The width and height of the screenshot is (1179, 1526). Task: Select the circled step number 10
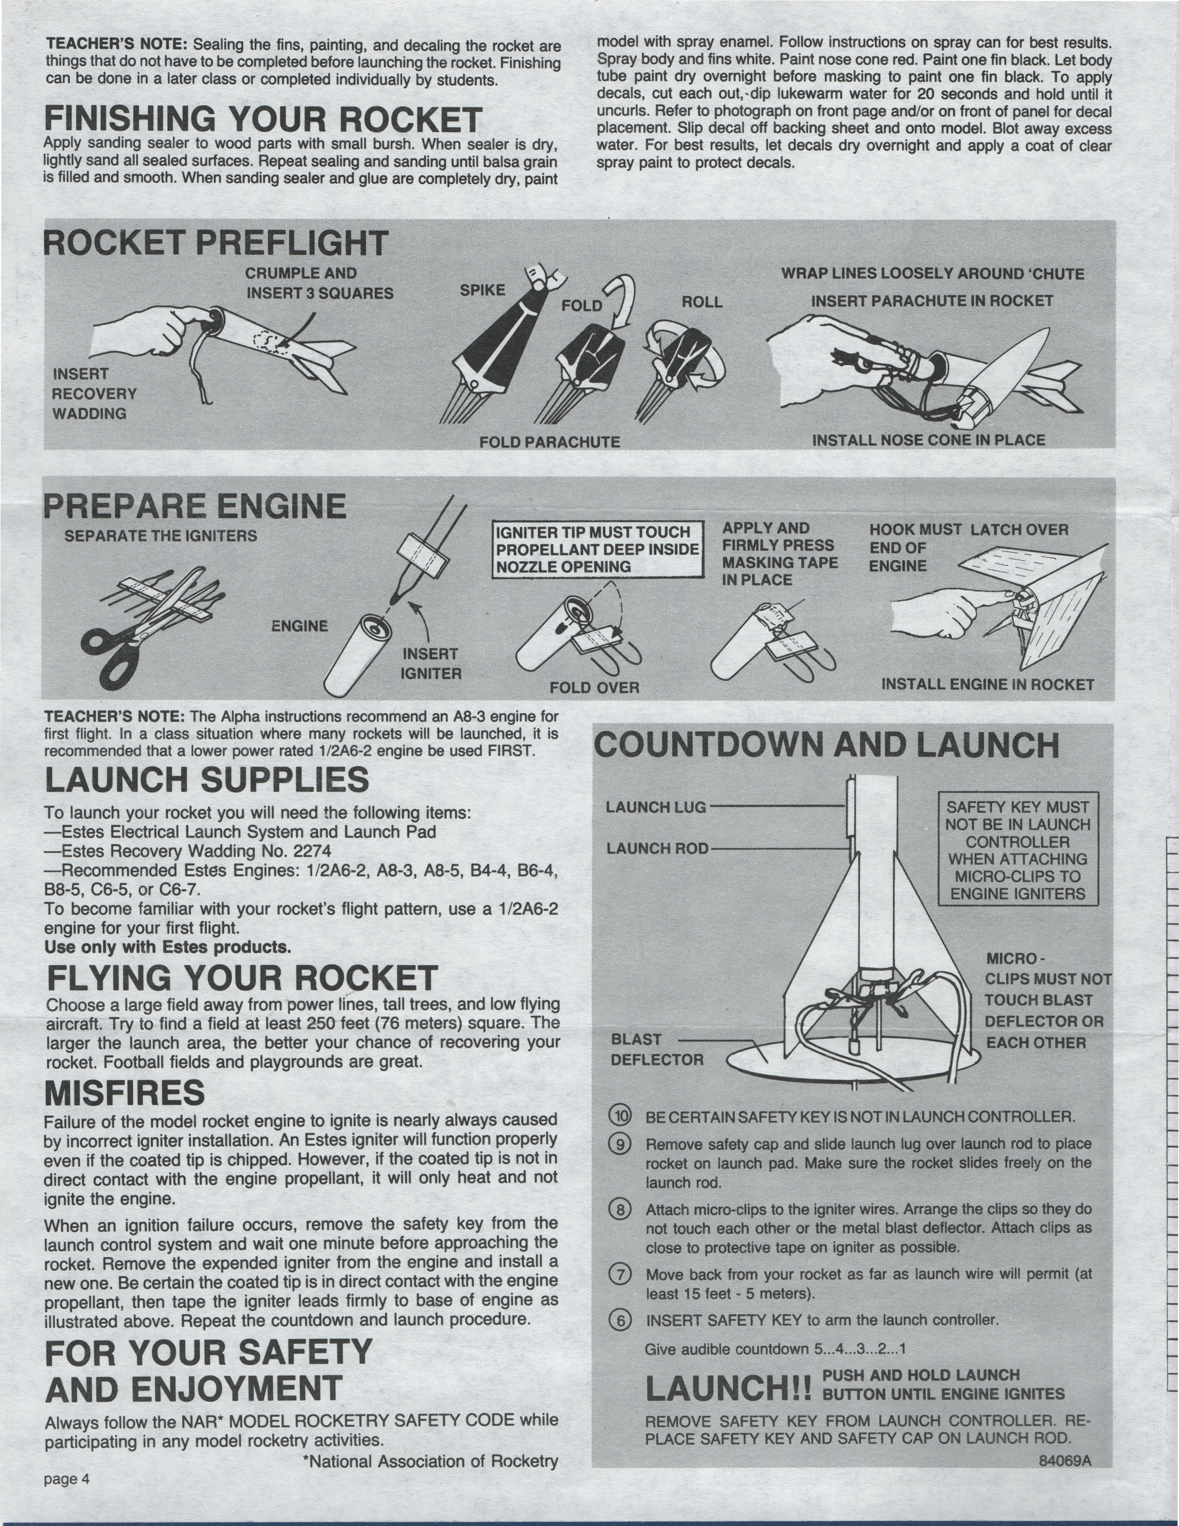[620, 1115]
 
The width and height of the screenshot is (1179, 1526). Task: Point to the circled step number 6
[620, 1320]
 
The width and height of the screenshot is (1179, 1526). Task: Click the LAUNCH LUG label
[656, 807]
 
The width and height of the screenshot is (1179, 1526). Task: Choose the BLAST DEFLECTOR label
[657, 1050]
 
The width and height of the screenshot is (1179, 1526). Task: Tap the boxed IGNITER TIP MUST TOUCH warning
[597, 549]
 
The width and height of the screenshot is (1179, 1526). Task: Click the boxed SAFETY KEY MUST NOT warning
[1018, 849]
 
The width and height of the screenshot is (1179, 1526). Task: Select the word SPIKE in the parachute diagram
[482, 290]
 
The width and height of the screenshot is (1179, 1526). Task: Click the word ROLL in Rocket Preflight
[702, 302]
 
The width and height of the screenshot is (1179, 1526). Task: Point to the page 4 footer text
[67, 1478]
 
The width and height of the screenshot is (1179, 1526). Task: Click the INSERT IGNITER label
[430, 664]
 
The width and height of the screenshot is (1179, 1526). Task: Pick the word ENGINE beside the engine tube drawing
[300, 626]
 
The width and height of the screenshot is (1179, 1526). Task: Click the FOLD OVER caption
[595, 688]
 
